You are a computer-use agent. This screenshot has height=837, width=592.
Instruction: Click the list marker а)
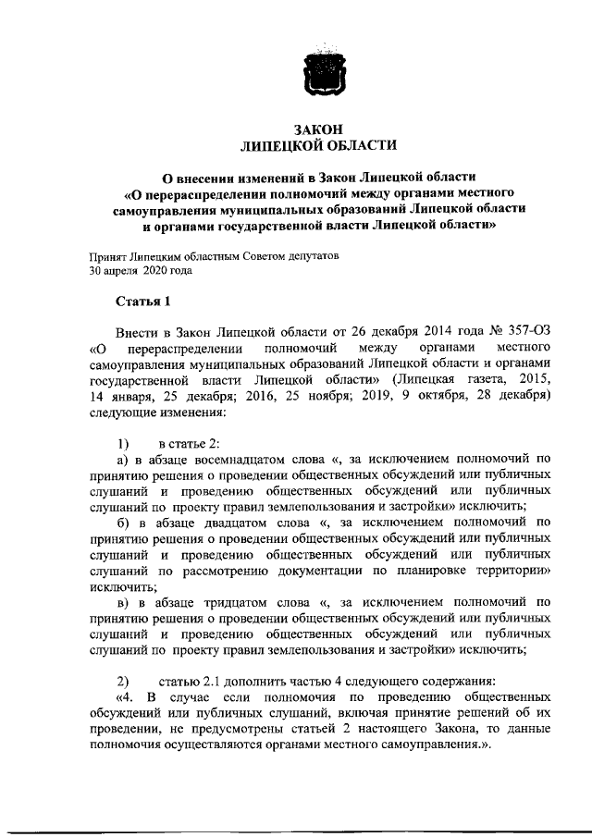(x=121, y=458)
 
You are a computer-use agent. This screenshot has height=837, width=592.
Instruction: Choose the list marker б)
(x=121, y=522)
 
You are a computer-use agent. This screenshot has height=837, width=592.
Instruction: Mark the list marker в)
(x=121, y=602)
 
